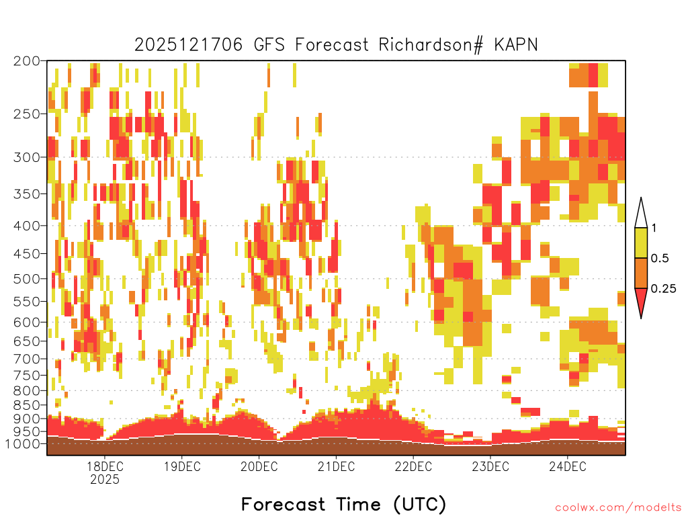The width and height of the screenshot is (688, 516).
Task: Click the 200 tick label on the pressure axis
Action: [26, 61]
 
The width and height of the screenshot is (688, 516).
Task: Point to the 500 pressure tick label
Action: [26, 279]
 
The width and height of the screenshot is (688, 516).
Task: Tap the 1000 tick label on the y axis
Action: [23, 443]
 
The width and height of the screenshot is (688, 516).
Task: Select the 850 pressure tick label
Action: [26, 404]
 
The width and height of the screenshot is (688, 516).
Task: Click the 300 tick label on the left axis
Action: [26, 157]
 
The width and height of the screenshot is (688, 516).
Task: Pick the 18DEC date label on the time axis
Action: [105, 466]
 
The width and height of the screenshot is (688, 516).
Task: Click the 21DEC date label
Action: [337, 466]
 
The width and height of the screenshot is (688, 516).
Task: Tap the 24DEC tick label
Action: [568, 466]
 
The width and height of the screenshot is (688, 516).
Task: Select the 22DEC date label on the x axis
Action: [413, 466]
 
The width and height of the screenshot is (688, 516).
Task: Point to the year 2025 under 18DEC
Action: [105, 479]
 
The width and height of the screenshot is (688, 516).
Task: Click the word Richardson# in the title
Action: [431, 45]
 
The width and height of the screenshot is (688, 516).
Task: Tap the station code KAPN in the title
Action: [516, 45]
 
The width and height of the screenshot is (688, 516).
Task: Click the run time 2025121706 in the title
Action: [189, 45]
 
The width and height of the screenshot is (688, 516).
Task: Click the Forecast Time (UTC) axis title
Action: [343, 505]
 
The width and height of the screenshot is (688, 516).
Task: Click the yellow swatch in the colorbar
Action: [641, 243]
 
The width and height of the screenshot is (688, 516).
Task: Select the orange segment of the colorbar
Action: [641, 273]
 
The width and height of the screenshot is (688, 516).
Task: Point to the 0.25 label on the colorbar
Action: [663, 289]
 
